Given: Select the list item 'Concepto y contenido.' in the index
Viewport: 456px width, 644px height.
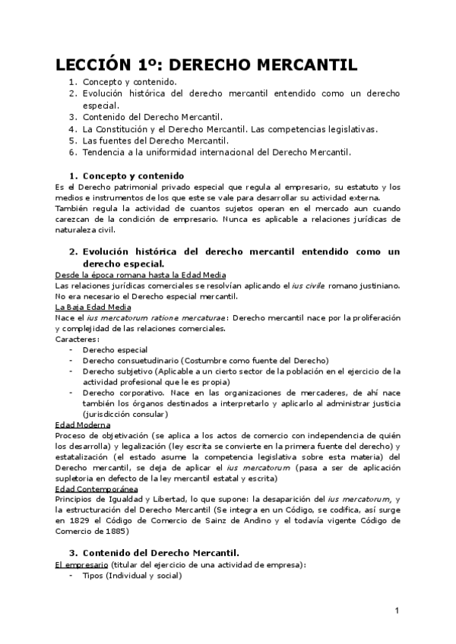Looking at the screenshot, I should click(x=129, y=81).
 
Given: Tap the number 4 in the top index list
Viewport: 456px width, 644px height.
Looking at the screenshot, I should click(x=71, y=128).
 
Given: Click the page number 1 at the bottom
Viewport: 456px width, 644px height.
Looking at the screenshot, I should click(x=397, y=611).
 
